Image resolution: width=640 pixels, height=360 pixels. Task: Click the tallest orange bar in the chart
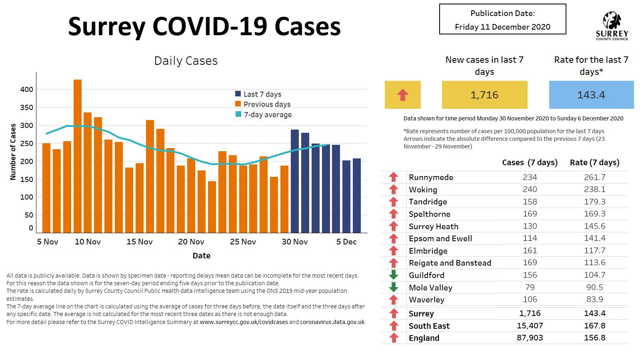tap(78, 156)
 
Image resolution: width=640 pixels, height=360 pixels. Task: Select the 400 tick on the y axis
tap(27, 90)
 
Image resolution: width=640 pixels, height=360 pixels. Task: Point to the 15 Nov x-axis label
tap(140, 242)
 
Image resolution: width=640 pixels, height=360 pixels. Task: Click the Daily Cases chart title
tap(186, 61)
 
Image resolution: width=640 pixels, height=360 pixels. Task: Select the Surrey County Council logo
tap(612, 26)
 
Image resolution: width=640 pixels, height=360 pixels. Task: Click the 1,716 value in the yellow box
tap(484, 95)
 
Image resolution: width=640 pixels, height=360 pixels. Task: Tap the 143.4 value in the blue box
tap(591, 95)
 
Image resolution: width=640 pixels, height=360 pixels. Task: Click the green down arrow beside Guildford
tap(394, 275)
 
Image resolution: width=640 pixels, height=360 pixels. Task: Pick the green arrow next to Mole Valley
tap(394, 287)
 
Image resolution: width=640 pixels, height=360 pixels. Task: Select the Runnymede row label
tap(431, 177)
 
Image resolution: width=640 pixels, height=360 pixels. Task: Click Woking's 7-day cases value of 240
tap(530, 189)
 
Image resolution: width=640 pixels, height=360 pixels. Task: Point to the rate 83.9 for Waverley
tap(594, 299)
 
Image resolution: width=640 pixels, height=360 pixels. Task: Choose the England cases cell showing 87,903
tap(530, 338)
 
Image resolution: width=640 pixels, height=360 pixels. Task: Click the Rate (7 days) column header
tap(594, 162)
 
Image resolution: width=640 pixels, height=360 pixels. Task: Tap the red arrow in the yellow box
tap(403, 95)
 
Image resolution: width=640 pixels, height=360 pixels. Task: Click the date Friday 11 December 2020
tap(502, 27)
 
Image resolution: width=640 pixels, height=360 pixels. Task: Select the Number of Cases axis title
tap(13, 152)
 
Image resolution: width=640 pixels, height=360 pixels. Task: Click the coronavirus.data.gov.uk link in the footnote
tap(332, 322)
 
